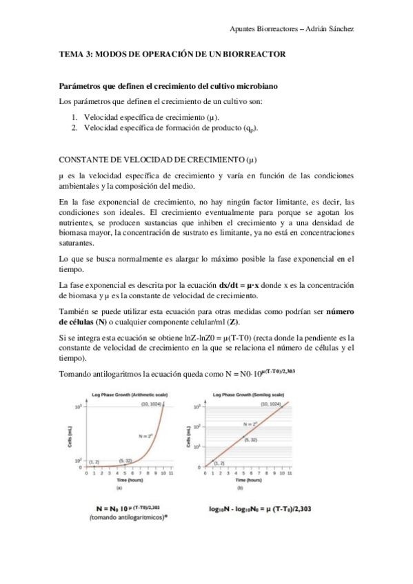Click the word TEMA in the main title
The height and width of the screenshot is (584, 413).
tap(72, 54)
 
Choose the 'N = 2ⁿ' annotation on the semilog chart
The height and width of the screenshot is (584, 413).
tap(240, 424)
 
